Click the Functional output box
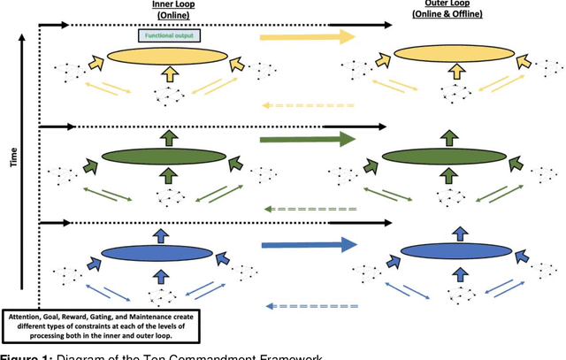170,35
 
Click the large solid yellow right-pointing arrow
306,37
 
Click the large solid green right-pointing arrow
306,139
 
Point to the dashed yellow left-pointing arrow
310,105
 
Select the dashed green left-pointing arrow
310,210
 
